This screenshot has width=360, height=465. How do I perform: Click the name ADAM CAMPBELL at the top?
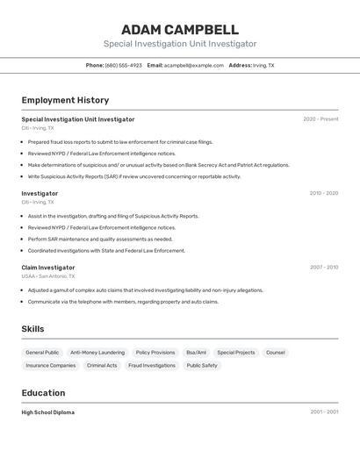click(180, 29)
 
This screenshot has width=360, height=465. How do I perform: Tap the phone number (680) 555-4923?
click(123, 65)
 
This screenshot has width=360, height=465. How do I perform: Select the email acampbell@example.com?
click(193, 65)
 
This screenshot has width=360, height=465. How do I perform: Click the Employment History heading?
click(65, 100)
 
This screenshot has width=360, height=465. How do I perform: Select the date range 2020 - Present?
click(320, 119)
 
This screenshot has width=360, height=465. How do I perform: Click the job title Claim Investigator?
click(48, 268)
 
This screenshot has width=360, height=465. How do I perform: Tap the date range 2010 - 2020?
click(323, 193)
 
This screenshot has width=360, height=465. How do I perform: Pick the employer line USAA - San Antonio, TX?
click(47, 276)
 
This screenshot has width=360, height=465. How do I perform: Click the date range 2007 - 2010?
click(323, 268)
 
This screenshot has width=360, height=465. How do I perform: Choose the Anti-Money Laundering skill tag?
click(97, 353)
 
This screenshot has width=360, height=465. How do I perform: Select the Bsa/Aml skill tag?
click(196, 353)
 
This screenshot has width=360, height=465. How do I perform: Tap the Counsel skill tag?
click(275, 353)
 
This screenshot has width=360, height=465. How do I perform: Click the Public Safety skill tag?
click(202, 366)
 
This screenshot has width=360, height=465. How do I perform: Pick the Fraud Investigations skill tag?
click(152, 366)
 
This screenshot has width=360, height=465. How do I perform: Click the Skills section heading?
click(32, 329)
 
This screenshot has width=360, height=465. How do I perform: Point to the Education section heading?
click(43, 393)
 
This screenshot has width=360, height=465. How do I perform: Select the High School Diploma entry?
click(47, 412)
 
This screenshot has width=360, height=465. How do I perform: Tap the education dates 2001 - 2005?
click(323, 411)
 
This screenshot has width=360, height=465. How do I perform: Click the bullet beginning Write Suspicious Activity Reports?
click(133, 176)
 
